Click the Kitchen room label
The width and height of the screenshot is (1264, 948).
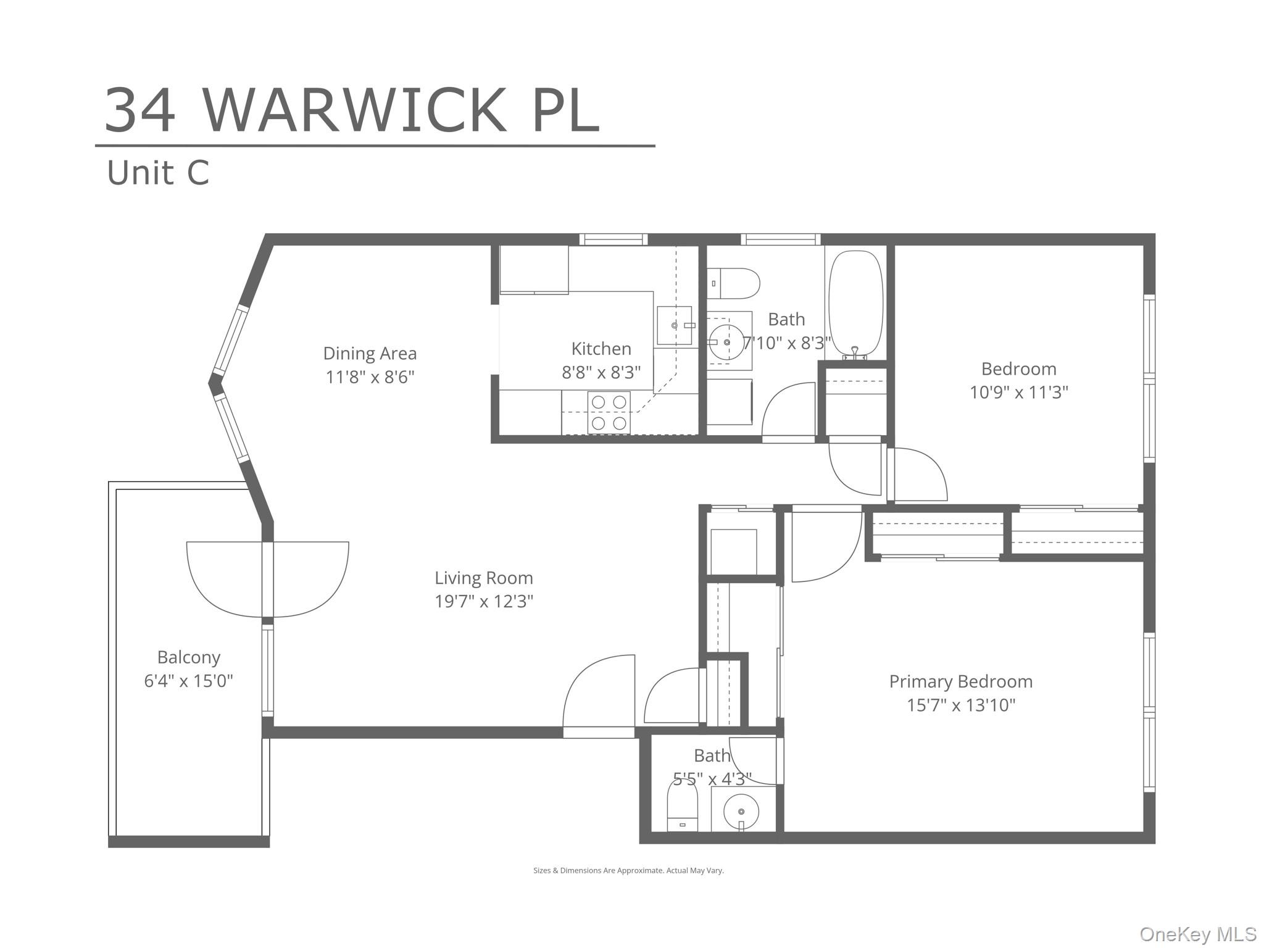click(x=601, y=349)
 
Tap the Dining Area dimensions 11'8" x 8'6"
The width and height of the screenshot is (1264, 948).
click(x=370, y=376)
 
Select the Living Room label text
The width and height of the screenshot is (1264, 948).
click(x=483, y=578)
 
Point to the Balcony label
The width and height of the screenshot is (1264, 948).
click(x=188, y=657)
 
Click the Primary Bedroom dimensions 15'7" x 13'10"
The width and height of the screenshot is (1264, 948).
click(x=960, y=705)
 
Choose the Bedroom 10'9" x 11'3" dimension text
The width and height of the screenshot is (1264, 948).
click(x=1018, y=392)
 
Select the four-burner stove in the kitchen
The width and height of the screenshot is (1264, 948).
click(x=609, y=412)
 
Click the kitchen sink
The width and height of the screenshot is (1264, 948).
click(x=674, y=325)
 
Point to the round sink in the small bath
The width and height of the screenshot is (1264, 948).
click(x=741, y=811)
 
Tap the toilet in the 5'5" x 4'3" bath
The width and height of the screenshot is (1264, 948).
click(x=682, y=807)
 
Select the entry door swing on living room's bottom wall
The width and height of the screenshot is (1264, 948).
click(x=599, y=694)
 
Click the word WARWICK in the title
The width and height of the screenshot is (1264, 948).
click(x=355, y=111)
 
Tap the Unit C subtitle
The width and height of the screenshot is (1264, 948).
click(x=158, y=173)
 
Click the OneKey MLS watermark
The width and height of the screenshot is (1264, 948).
click(x=1197, y=934)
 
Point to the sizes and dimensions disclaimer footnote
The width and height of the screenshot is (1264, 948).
click(x=628, y=870)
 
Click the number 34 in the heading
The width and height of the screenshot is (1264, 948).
click(x=140, y=111)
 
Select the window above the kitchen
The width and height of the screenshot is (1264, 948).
click(x=613, y=239)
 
